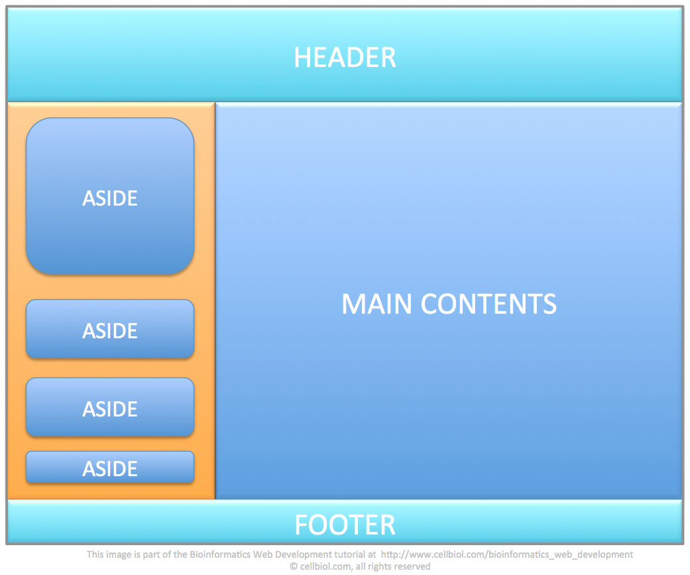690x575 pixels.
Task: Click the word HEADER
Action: coord(345,58)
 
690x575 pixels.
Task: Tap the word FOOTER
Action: coord(345,525)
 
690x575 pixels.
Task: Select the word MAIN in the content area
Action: coord(378,304)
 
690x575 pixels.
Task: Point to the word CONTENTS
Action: coord(489,304)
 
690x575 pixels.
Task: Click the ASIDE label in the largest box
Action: coord(110,198)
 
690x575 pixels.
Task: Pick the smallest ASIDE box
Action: coord(110,467)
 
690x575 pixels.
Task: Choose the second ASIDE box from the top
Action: coord(110,329)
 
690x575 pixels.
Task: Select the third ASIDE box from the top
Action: coord(110,407)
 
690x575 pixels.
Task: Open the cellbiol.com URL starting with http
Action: coord(507,554)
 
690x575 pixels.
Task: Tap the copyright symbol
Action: coord(294,566)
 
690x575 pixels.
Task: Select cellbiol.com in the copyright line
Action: coord(326,566)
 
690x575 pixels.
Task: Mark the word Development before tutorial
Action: coord(303,554)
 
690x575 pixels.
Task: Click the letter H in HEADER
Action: coord(302,58)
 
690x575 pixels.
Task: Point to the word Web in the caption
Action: coord(262,554)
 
